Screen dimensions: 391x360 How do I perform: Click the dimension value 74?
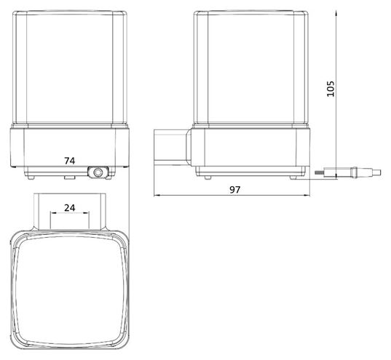point(70,161)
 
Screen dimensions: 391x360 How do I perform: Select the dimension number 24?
point(70,208)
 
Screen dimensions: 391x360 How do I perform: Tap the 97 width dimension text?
point(234,190)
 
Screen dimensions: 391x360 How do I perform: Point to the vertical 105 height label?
point(331,89)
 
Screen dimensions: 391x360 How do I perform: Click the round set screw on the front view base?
point(98,172)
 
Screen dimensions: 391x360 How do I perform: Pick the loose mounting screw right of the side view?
point(348,172)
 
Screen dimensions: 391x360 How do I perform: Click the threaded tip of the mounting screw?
point(319,172)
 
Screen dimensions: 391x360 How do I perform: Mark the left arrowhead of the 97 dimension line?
point(157,196)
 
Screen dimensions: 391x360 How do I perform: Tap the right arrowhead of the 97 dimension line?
point(307,196)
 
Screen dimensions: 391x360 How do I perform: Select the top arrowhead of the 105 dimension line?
point(336,13)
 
